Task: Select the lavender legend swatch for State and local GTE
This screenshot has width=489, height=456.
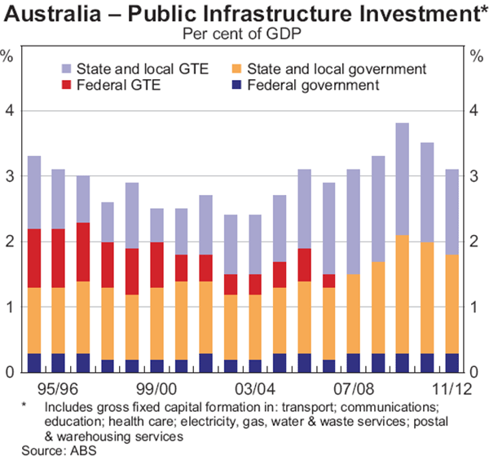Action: click(66, 69)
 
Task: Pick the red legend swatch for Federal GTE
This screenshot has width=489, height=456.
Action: click(66, 85)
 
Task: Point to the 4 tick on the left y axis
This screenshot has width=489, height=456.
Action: click(10, 111)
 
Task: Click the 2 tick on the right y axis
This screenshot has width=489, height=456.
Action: click(478, 241)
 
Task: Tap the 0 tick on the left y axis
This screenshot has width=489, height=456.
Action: click(10, 373)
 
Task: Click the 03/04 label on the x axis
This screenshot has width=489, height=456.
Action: click(255, 388)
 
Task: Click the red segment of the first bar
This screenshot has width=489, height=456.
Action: click(34, 258)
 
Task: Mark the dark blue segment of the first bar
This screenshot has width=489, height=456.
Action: click(34, 363)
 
